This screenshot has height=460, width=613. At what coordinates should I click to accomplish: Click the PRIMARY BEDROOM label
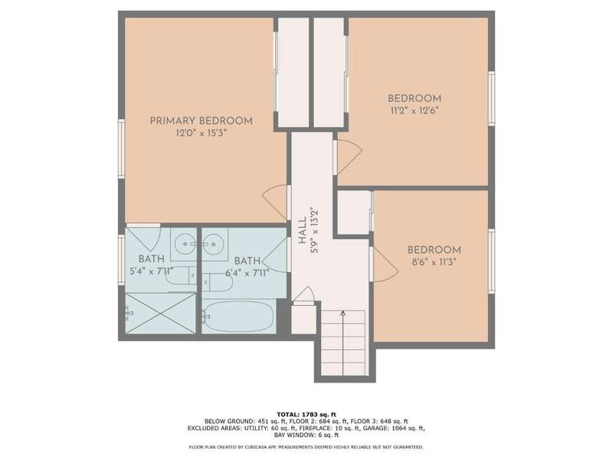(202, 121)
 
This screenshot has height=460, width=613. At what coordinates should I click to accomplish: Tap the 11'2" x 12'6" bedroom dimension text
(415, 110)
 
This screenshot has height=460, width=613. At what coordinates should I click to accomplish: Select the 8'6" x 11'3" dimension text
(434, 262)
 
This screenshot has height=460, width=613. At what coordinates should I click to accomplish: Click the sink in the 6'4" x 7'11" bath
(215, 244)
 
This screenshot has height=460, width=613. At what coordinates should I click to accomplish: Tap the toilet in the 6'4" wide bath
(218, 282)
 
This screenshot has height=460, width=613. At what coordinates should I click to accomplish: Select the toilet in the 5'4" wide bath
(181, 276)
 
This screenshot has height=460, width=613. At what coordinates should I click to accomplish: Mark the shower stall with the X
(160, 314)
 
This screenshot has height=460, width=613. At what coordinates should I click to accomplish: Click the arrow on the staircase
(343, 343)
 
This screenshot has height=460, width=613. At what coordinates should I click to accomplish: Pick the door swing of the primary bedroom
(275, 202)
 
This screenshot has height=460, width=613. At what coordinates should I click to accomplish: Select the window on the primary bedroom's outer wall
(122, 149)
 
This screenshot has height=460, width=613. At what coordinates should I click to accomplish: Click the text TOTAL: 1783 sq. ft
(306, 414)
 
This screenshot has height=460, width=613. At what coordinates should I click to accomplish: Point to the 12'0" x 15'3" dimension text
(202, 133)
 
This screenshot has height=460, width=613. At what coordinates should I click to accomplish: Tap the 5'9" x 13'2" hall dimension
(315, 231)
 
